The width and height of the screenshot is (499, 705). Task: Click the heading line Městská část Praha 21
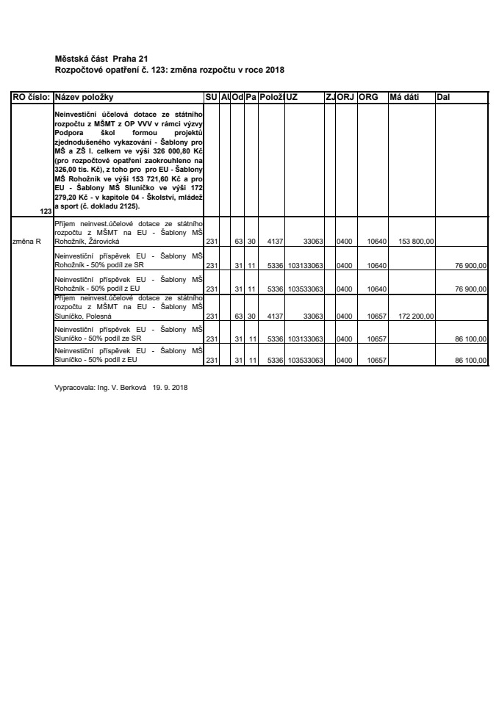point(103,58)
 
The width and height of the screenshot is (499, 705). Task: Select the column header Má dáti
point(404,97)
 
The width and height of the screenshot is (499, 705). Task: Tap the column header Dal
point(444,97)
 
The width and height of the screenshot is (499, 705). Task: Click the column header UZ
point(292,97)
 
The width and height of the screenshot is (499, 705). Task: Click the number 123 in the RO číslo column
point(46,211)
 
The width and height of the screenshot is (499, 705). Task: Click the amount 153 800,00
point(416,240)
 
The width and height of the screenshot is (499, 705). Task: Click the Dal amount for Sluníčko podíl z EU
point(471,361)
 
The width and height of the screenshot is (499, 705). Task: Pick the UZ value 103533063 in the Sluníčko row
point(306,361)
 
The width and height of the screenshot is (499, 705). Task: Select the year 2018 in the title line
point(272,69)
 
